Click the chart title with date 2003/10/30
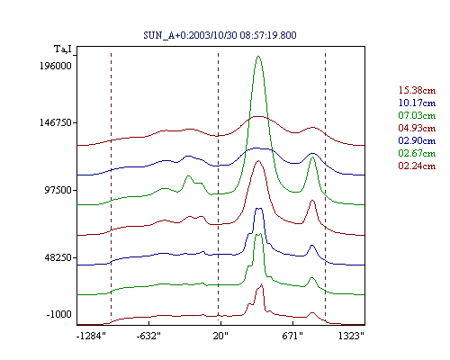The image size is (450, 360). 220,35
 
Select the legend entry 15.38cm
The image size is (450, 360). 417,90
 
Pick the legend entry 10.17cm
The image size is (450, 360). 417,103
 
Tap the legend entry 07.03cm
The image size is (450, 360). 417,115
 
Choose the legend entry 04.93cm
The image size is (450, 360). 417,128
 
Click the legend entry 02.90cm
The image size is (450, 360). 417,140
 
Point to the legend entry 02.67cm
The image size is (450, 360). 417,153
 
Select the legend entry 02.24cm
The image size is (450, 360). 417,166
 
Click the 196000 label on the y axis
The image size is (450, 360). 56,66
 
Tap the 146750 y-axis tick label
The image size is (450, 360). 56,122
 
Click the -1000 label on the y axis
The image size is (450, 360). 59,315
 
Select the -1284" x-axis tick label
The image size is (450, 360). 91,336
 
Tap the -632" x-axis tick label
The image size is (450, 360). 148,336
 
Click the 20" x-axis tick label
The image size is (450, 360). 220,336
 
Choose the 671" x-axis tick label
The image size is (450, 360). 292,336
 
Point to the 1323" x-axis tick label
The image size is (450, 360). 351,336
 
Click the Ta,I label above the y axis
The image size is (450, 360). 63,49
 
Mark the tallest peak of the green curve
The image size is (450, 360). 258,56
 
